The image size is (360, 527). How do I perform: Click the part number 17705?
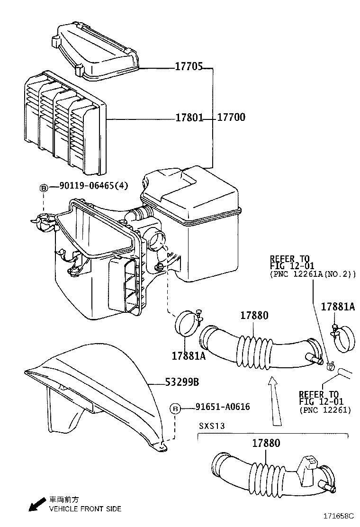tap(189, 68)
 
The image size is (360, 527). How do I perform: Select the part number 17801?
tap(189, 118)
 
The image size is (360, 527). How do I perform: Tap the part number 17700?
tap(231, 118)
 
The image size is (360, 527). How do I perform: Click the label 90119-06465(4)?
tap(94, 186)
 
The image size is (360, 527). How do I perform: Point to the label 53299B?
tap(182, 382)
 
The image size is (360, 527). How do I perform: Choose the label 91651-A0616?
tap(223, 407)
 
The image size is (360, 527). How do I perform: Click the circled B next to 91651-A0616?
tap(175, 408)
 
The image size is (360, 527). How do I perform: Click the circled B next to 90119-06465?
tap(43, 187)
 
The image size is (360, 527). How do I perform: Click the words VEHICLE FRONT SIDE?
tap(85, 509)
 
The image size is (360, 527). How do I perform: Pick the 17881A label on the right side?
tap(337, 307)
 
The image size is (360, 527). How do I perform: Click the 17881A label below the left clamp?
tap(189, 355)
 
